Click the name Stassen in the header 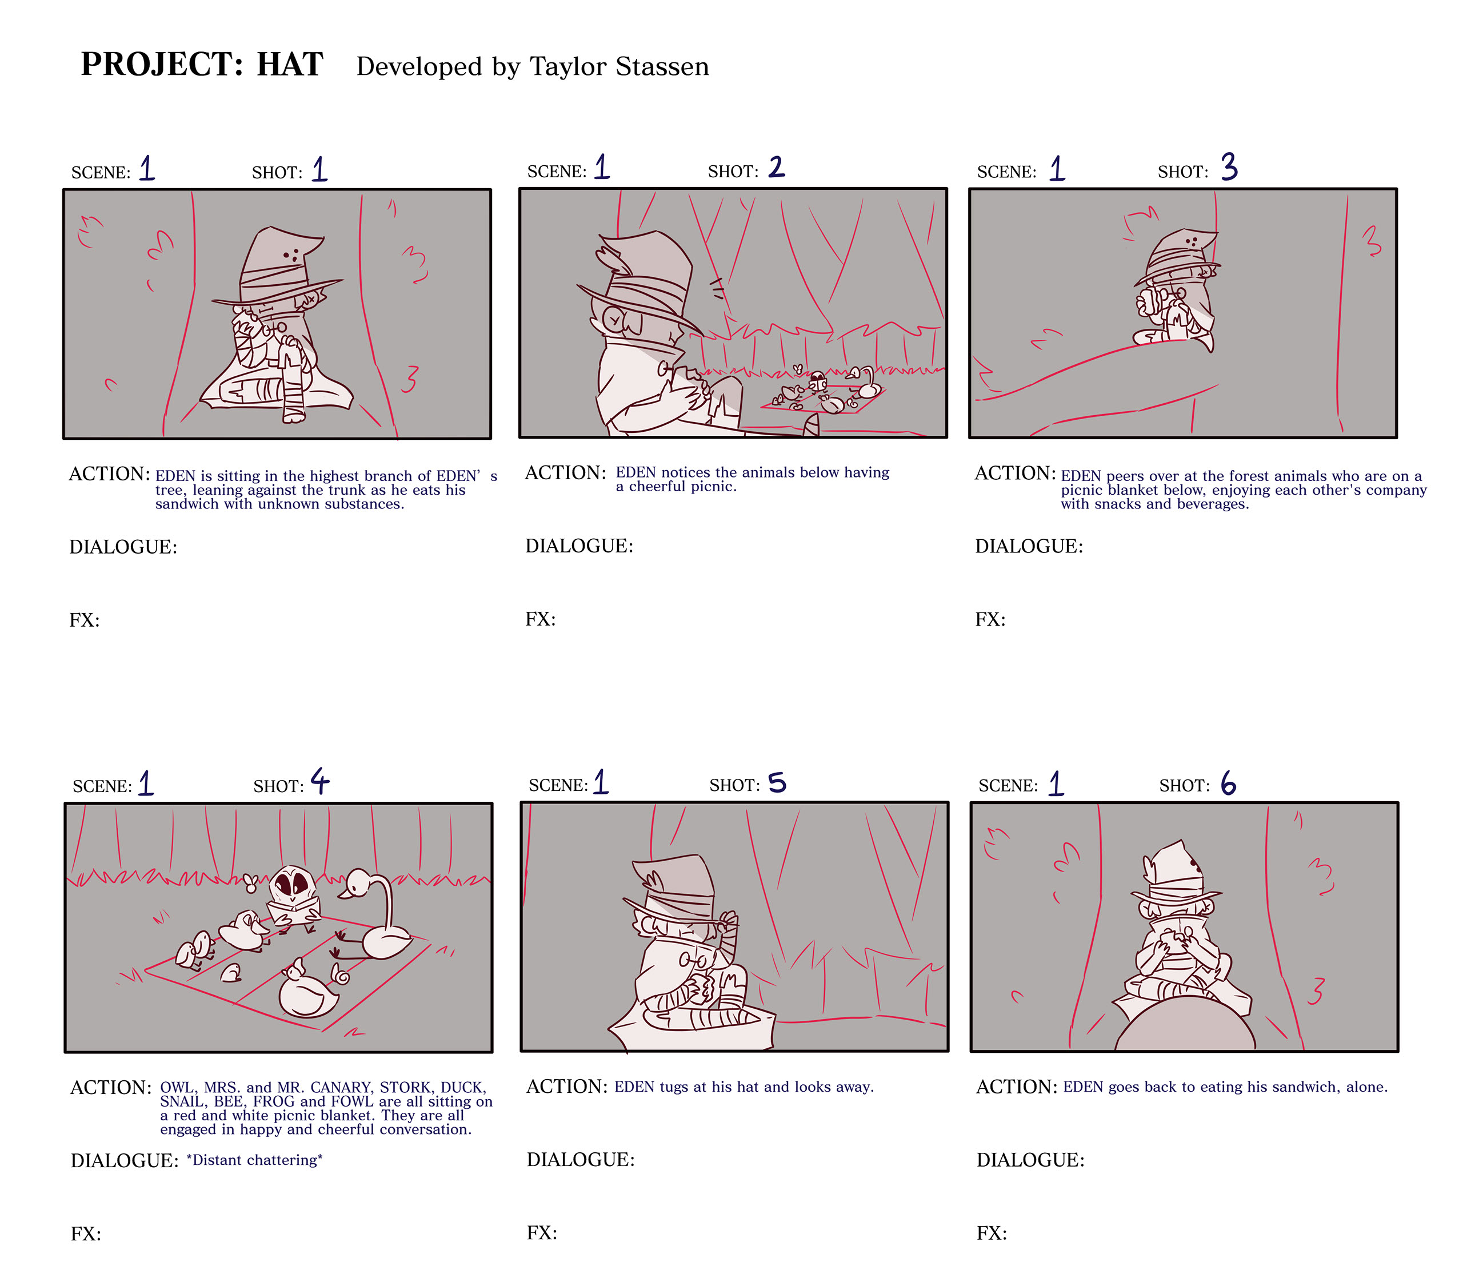click(662, 66)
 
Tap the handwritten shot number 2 click(777, 166)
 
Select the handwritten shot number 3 click(1229, 166)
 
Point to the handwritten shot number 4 click(320, 781)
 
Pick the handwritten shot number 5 click(777, 783)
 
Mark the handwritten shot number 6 click(1228, 783)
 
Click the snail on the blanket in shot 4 click(339, 973)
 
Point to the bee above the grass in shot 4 click(250, 884)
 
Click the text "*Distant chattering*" click(254, 1160)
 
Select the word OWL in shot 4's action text click(177, 1087)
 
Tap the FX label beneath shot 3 click(990, 619)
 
